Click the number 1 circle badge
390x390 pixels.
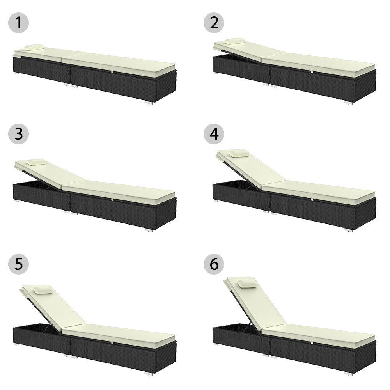19,23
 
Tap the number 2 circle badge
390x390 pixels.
214,23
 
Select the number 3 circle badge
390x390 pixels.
19,133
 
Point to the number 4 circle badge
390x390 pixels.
214,133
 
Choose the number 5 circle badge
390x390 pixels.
19,264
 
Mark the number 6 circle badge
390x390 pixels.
214,264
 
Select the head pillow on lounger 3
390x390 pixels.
36,162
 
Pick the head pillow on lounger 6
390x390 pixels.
247,284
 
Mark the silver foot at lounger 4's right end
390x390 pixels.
348,230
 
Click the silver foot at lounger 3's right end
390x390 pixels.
149,230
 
